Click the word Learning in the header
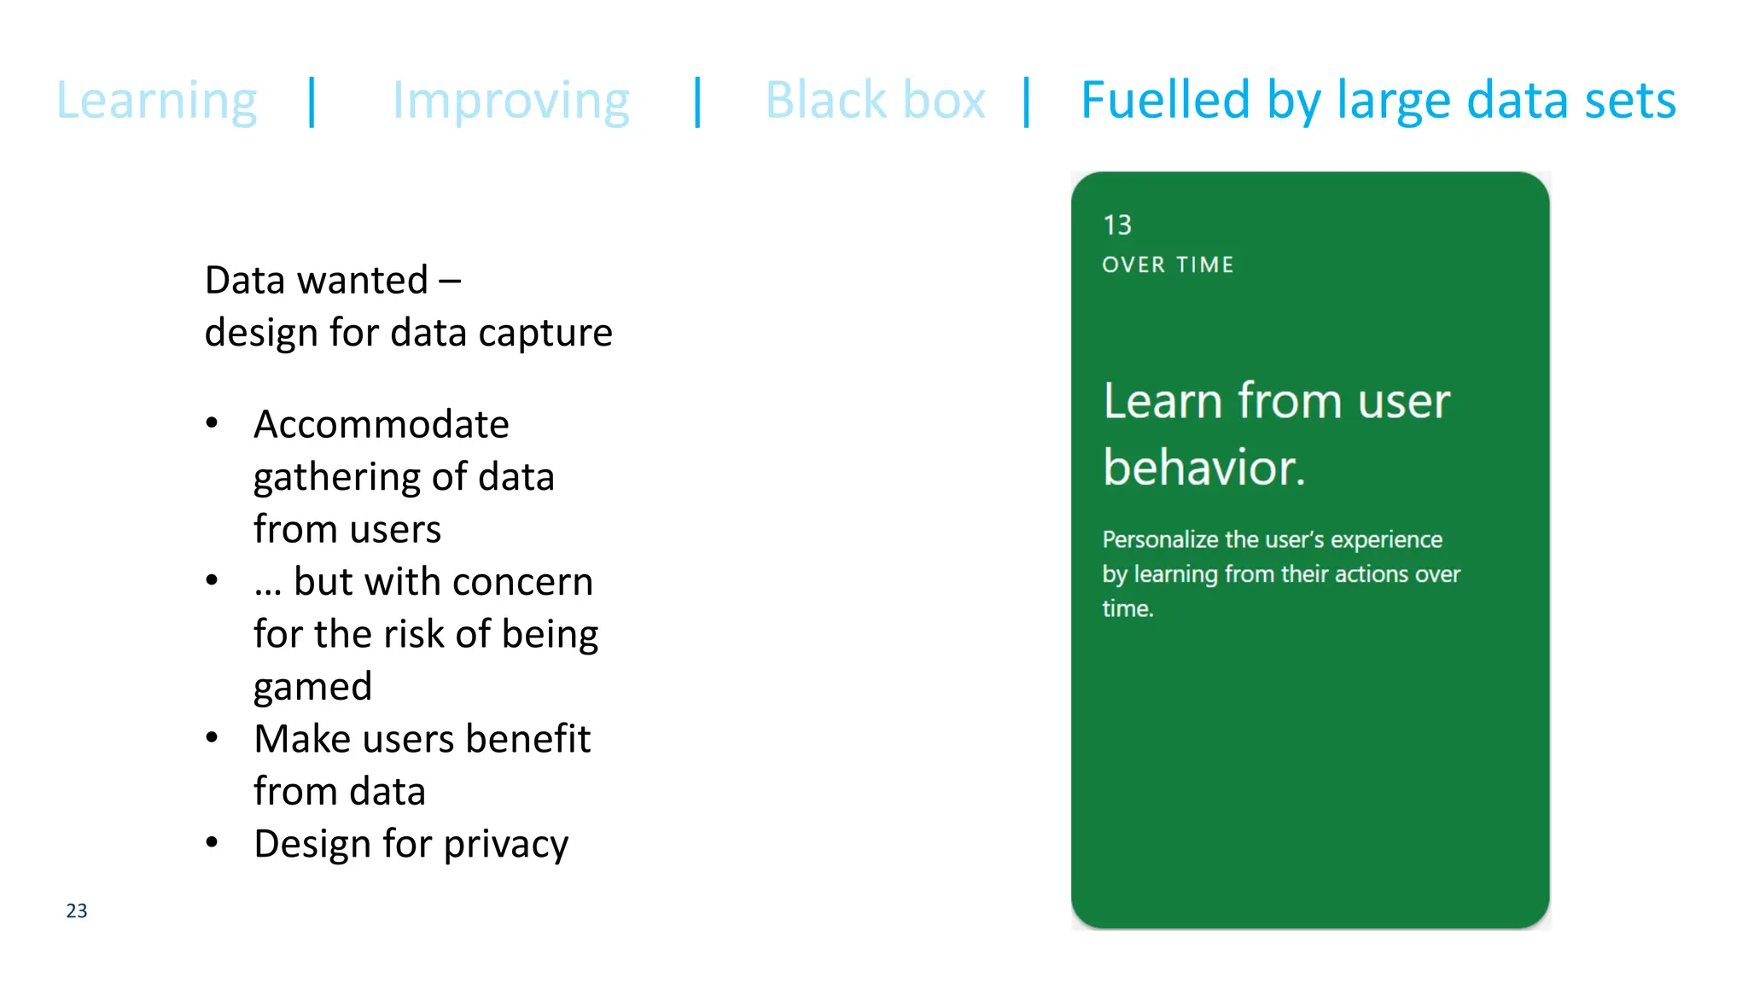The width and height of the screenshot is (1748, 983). click(x=156, y=101)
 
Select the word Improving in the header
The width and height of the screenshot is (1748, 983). click(x=510, y=101)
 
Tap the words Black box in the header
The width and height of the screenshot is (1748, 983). click(x=875, y=101)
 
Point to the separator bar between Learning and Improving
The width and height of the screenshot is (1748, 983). click(x=312, y=102)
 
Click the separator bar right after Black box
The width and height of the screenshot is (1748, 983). click(x=1027, y=102)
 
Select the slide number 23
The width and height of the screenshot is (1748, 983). click(x=77, y=910)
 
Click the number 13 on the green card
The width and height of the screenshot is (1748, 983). click(x=1117, y=225)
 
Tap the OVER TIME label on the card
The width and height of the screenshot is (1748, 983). click(x=1168, y=265)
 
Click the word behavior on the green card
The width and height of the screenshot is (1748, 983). click(x=1203, y=468)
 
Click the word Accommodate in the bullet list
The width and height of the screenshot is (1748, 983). click(x=382, y=424)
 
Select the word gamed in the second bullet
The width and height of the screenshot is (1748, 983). click(x=313, y=687)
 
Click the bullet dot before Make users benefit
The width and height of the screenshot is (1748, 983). click(x=213, y=737)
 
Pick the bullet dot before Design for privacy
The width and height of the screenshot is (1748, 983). click(x=213, y=842)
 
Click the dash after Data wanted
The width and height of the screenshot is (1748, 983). click(x=450, y=281)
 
